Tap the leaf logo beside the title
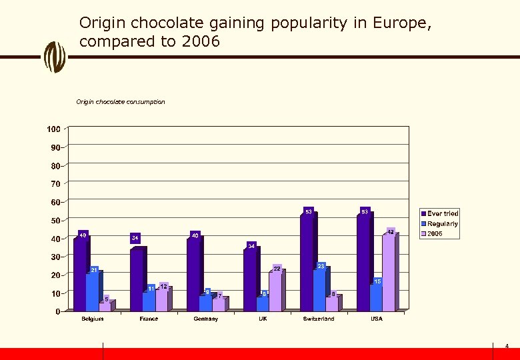pos(55,57)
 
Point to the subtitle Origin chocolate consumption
pos(121,102)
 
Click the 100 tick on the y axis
pos(53,129)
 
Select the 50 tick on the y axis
pos(55,221)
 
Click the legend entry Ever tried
pos(442,214)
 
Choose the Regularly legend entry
pos(442,224)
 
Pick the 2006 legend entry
pos(435,234)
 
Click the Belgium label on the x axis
pos(93,319)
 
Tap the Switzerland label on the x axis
pos(319,319)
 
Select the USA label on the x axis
pos(377,319)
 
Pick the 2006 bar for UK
pos(275,291)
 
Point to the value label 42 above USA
pos(391,231)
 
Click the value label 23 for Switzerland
pos(321,266)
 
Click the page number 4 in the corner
pos(507,347)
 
